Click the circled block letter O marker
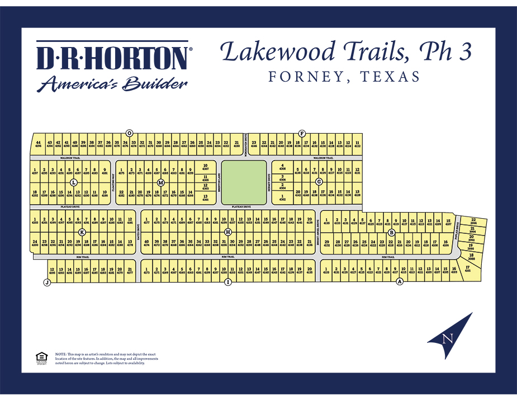click(129, 133)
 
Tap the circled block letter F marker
click(302, 133)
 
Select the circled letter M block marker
click(161, 183)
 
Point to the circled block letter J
click(46, 283)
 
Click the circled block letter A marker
click(400, 282)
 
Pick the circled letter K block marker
click(82, 232)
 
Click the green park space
click(244, 182)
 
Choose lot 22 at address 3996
click(473, 222)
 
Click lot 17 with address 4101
click(467, 269)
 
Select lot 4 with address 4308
click(283, 166)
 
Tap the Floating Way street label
click(113, 183)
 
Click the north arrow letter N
click(447, 338)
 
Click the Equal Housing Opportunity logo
click(40, 357)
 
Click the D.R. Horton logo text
click(112, 58)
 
